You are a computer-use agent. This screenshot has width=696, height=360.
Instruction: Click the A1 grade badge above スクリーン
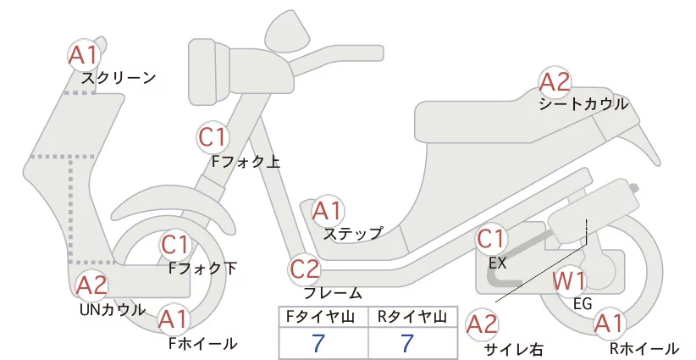pyautogui.click(x=84, y=56)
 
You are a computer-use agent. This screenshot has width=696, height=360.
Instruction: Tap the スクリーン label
pyautogui.click(x=119, y=78)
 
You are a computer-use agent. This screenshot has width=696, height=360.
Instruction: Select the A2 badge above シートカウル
pyautogui.click(x=555, y=82)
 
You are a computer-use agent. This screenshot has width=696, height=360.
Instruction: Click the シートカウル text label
pyautogui.click(x=583, y=104)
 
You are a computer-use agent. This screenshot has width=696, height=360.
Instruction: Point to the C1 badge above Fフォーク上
pyautogui.click(x=213, y=136)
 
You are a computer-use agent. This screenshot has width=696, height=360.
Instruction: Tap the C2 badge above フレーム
pyautogui.click(x=305, y=270)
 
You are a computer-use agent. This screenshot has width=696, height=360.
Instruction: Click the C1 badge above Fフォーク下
pyautogui.click(x=175, y=246)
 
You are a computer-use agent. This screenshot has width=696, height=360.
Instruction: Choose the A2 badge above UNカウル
pyautogui.click(x=91, y=285)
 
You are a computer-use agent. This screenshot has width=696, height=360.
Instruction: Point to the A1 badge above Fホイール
pyautogui.click(x=174, y=320)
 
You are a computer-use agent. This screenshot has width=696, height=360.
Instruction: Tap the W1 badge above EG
pyautogui.click(x=569, y=280)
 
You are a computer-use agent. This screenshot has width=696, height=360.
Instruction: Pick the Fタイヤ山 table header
pyautogui.click(x=323, y=317)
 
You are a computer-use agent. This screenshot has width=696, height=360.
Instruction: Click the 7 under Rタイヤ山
pyautogui.click(x=408, y=344)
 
